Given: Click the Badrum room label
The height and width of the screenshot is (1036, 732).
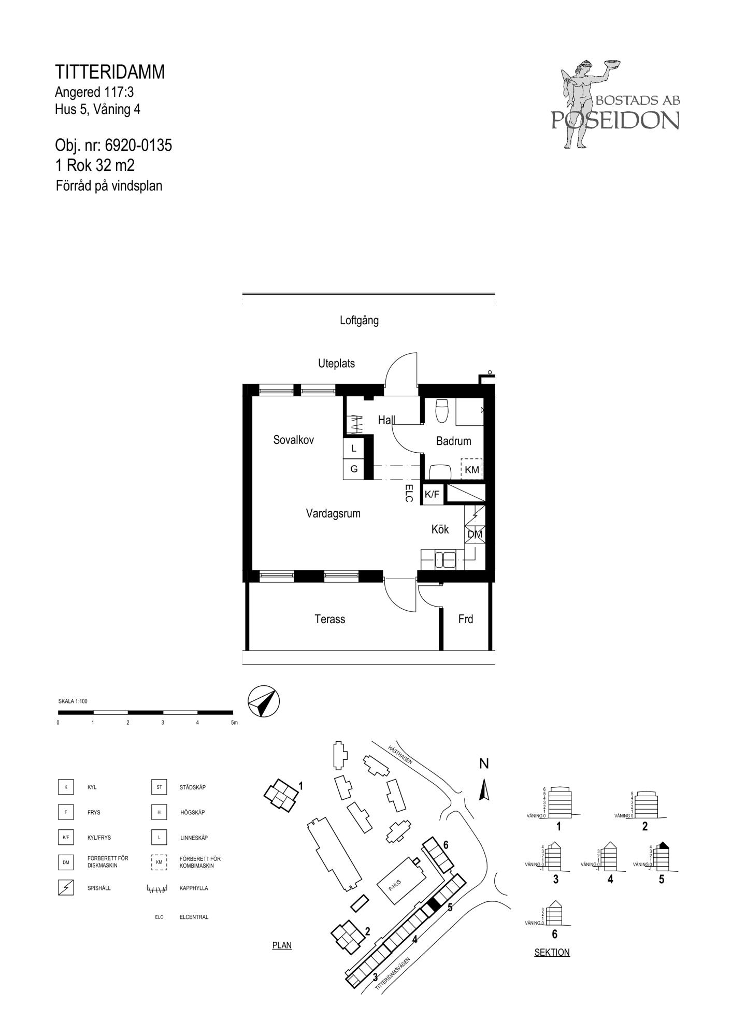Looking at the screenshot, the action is click(453, 441).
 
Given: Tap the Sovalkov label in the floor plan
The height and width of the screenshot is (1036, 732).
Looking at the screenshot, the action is click(294, 440).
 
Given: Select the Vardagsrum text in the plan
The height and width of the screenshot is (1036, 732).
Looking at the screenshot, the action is click(333, 514).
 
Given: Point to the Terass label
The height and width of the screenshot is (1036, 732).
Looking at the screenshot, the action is click(329, 619).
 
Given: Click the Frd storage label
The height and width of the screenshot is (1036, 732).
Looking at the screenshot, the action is click(466, 619).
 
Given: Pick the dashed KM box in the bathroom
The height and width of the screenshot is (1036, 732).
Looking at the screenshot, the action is click(471, 469).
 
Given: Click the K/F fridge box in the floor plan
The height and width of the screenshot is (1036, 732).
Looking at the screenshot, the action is click(432, 494).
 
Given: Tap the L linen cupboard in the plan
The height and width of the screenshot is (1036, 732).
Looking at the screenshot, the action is click(354, 449).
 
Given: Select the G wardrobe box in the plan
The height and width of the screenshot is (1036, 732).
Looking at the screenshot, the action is click(354, 469).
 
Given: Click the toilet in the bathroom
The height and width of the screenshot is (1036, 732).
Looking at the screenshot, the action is click(442, 410).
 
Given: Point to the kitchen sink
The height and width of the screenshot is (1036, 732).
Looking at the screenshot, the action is click(446, 559).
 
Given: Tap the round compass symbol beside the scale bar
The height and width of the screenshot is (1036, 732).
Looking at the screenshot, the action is click(264, 702).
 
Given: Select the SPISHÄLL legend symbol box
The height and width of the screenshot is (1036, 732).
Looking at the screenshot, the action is click(66, 888).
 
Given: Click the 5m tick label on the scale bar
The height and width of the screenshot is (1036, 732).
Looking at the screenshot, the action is click(234, 723).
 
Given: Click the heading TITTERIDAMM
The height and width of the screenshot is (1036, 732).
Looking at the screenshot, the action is click(110, 72).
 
